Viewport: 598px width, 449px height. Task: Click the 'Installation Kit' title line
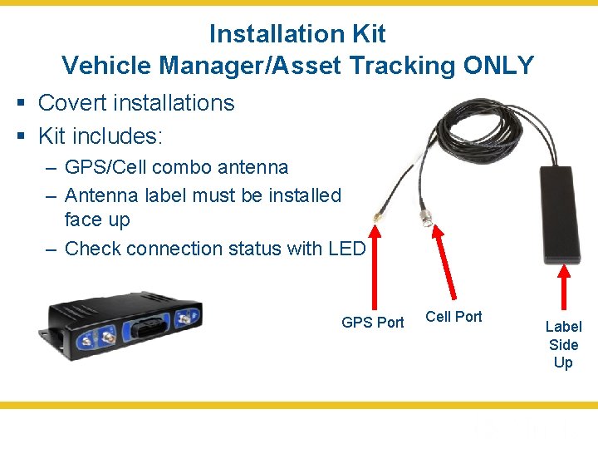click(x=297, y=34)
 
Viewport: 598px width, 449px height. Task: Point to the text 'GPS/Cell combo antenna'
click(x=176, y=167)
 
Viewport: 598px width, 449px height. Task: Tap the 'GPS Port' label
click(x=372, y=323)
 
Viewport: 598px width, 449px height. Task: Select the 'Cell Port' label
click(x=453, y=316)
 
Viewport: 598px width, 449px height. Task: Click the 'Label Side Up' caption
click(x=563, y=344)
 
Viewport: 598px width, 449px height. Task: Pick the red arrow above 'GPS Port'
click(x=376, y=266)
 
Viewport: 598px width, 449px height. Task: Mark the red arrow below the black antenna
click(x=565, y=291)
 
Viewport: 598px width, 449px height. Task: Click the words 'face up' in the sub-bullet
click(x=97, y=220)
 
